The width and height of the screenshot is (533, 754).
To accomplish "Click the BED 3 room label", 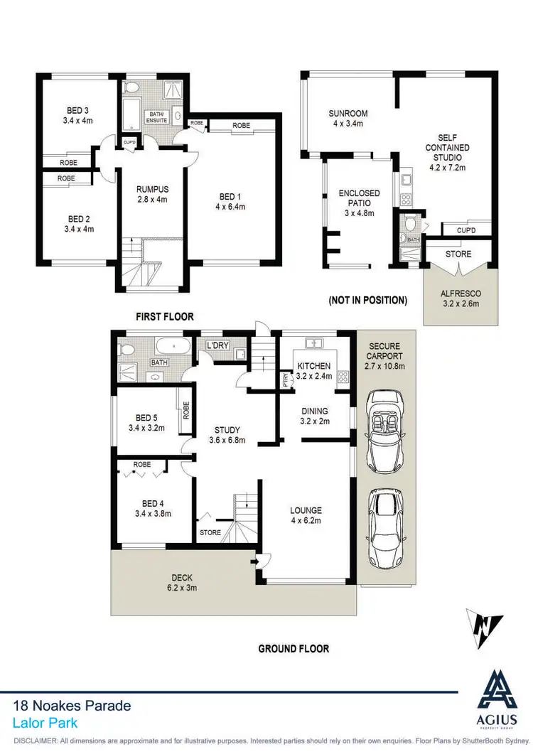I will point(78,116).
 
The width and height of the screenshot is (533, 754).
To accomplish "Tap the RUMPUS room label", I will point(152,194).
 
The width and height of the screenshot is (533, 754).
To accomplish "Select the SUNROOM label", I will point(348,118).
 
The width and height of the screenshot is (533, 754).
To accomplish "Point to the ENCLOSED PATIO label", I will point(359,198).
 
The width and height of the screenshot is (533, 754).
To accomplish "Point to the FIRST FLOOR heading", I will point(166,317).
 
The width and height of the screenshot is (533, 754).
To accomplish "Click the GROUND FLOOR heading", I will point(294,649).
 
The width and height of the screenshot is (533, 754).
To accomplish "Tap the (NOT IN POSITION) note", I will point(367,301).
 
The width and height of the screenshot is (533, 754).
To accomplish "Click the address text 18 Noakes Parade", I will point(72,706).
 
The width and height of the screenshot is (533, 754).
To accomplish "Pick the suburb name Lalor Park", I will point(45,723).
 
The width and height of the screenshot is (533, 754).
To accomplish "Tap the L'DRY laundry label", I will point(215,346).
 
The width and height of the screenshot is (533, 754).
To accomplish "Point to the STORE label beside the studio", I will point(458,254).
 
